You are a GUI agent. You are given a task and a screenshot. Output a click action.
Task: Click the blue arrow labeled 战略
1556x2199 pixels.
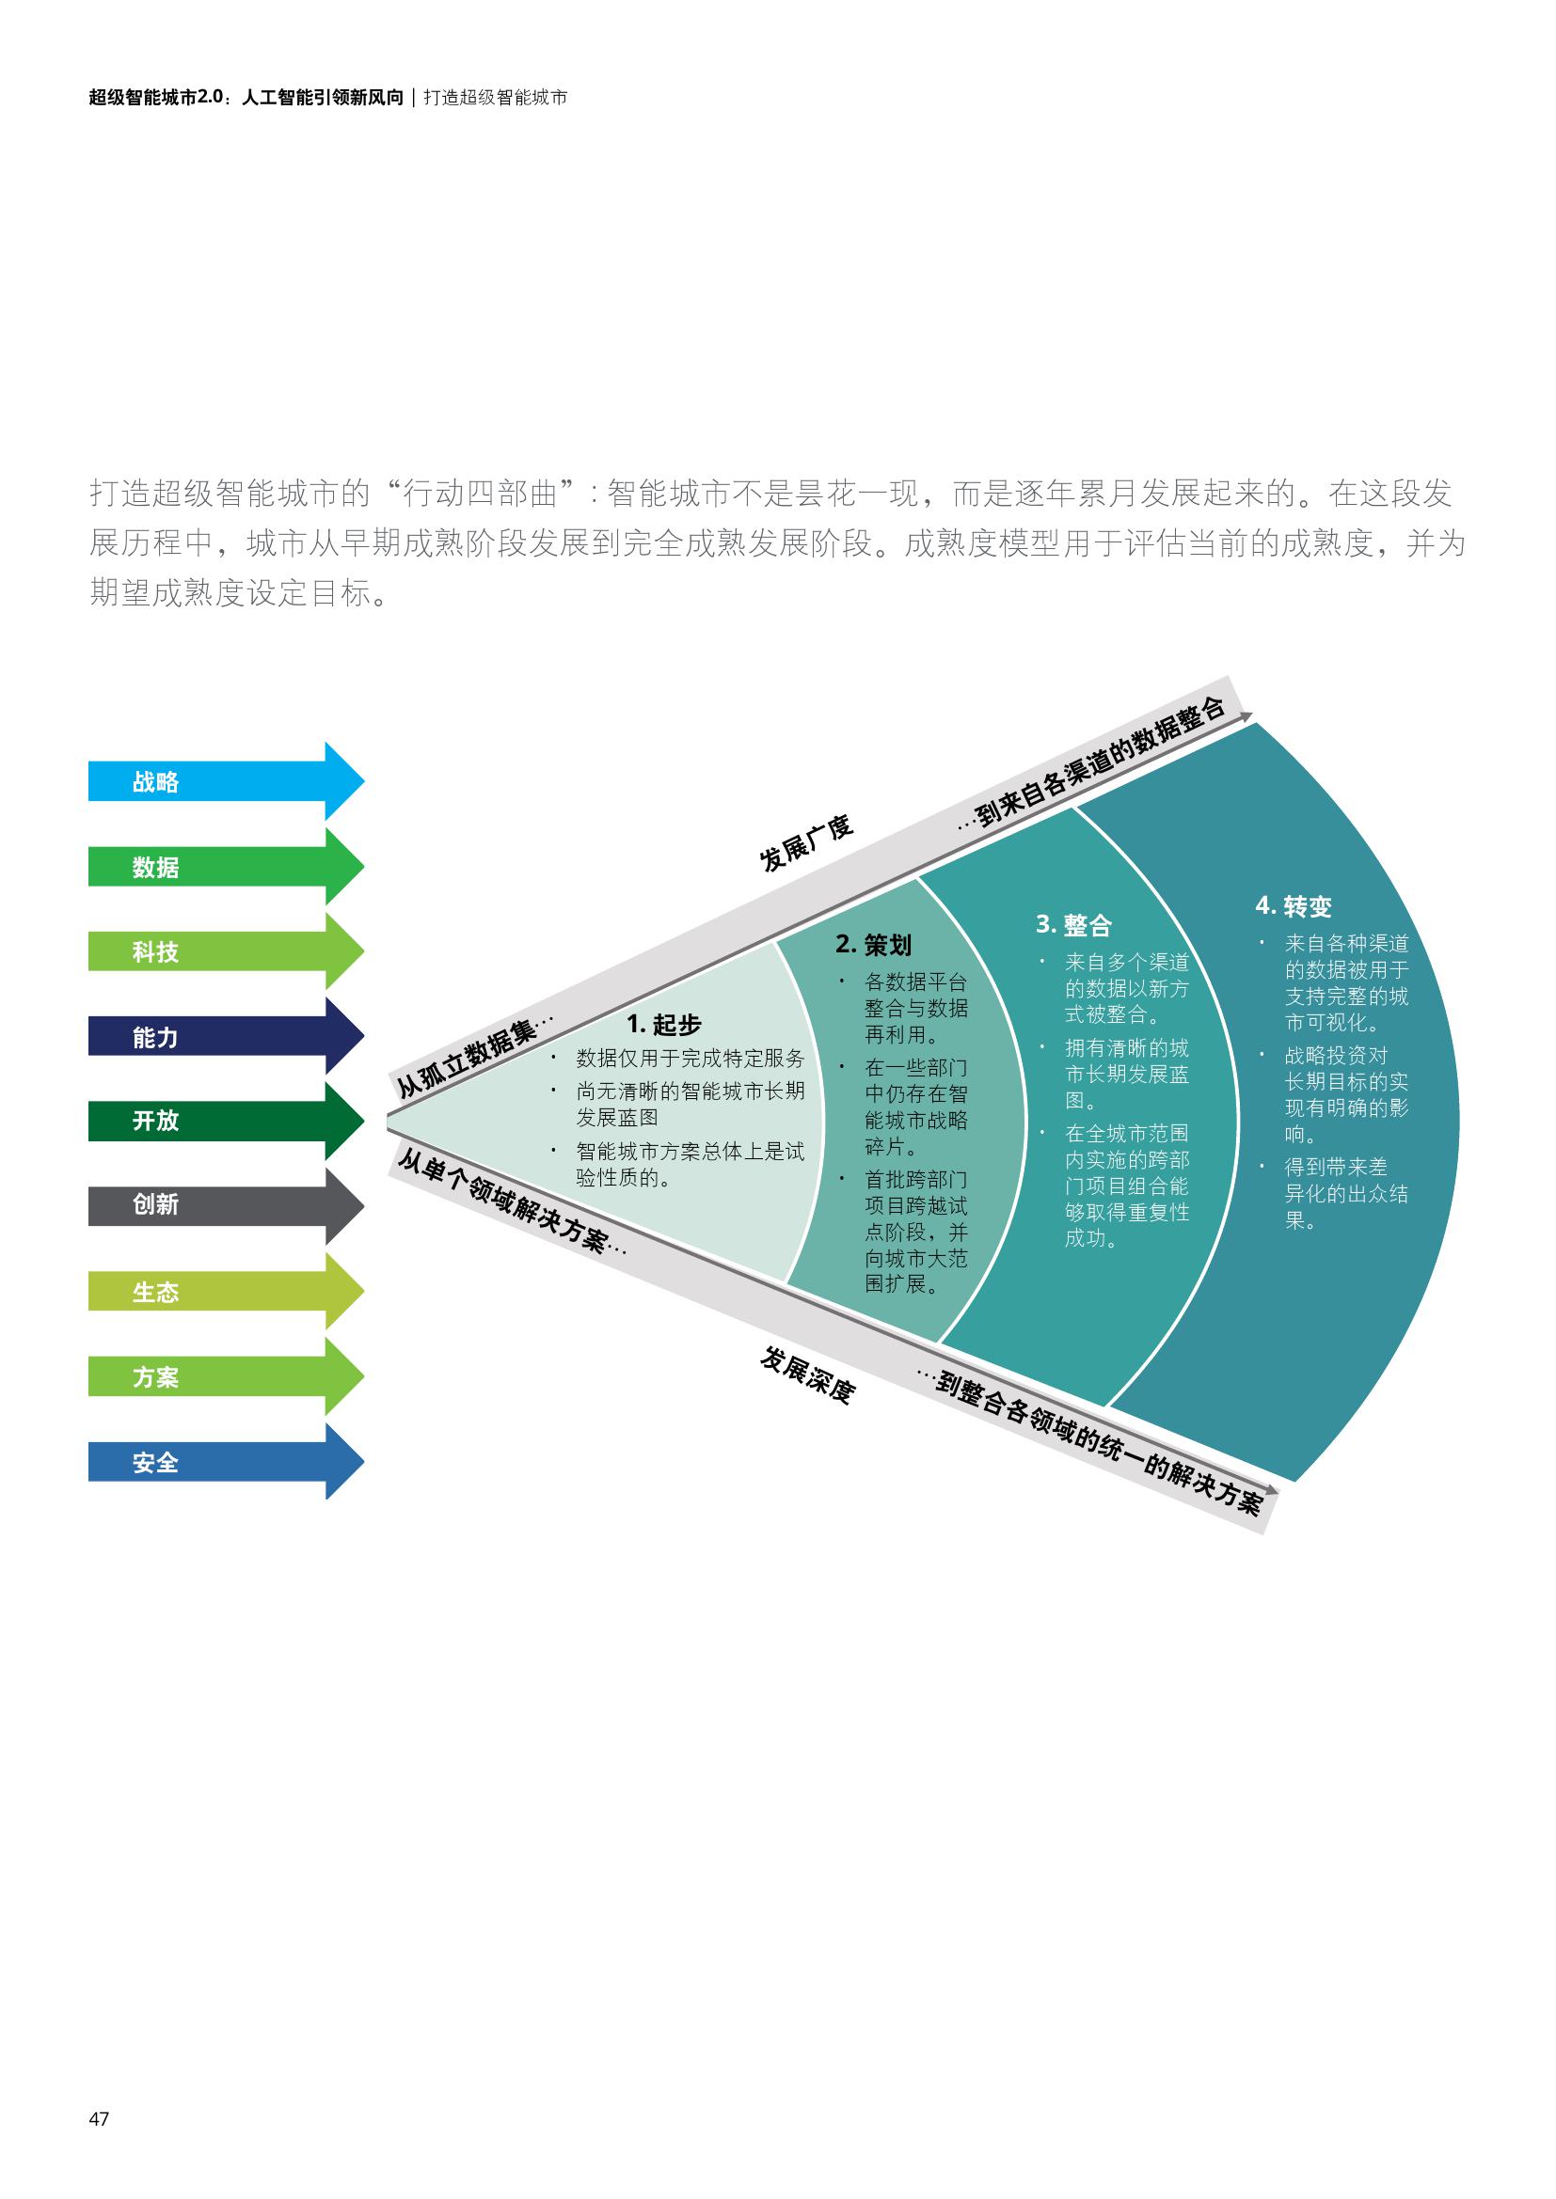click(225, 781)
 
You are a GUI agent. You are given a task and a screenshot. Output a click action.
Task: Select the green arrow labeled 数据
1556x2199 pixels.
click(225, 867)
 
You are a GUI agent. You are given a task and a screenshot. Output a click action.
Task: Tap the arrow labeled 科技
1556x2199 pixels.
click(225, 951)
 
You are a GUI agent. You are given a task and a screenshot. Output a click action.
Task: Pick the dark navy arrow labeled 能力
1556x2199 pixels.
click(225, 1036)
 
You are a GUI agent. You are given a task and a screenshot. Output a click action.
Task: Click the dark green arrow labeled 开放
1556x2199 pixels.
click(225, 1121)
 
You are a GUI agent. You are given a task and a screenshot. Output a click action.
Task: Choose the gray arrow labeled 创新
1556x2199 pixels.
click(225, 1205)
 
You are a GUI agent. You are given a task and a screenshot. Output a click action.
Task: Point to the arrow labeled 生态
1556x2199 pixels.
click(225, 1291)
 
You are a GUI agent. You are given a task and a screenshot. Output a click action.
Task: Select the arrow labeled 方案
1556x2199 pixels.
click(225, 1376)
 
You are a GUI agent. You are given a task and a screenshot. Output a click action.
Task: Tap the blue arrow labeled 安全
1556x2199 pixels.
click(225, 1462)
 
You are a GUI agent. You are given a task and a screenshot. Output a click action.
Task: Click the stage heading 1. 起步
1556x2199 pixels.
click(664, 1025)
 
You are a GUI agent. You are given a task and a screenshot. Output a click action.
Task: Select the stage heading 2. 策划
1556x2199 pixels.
click(873, 944)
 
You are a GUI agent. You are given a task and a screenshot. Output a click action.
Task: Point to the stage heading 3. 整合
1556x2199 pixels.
click(1073, 925)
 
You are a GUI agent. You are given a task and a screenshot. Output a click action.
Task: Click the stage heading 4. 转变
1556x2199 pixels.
click(1294, 906)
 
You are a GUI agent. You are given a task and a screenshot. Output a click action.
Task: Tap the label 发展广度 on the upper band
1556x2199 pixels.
click(806, 843)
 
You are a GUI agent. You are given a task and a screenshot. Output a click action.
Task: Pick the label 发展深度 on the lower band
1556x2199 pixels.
click(806, 1374)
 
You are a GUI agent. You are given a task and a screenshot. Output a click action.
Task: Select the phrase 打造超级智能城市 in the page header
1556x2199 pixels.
click(496, 98)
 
